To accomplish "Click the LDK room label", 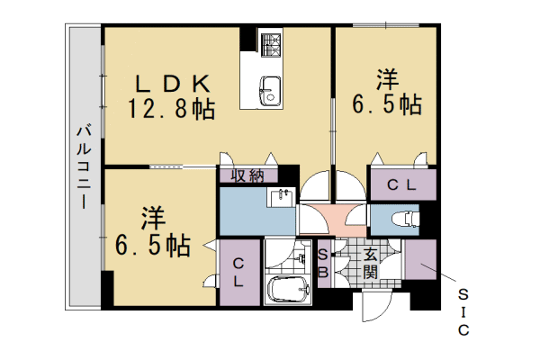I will pos(174,83).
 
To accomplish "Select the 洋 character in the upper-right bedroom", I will pos(388,78).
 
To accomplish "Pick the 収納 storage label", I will pos(247,175).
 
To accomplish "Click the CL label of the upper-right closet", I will pos(400,185).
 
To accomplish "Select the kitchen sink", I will pos(268,89).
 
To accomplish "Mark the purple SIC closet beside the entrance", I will pos(419,262).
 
